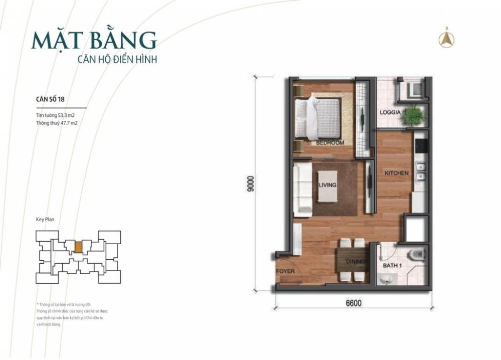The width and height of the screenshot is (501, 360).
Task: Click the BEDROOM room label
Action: [330, 143]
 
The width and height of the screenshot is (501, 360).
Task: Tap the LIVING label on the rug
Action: [327, 185]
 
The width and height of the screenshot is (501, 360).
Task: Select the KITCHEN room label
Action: [396, 173]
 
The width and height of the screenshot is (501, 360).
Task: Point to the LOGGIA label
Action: [390, 112]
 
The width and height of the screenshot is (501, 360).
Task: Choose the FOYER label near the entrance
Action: [285, 271]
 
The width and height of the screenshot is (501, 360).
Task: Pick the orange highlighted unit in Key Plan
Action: [78, 247]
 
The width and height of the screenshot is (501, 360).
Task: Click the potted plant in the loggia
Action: [413, 116]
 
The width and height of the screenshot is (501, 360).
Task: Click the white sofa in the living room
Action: [303, 190]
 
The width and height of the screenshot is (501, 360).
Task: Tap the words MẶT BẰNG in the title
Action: [94, 40]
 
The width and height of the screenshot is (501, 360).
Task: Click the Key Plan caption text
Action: [45, 219]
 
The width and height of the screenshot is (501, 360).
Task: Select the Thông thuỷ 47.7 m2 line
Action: [56, 122]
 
